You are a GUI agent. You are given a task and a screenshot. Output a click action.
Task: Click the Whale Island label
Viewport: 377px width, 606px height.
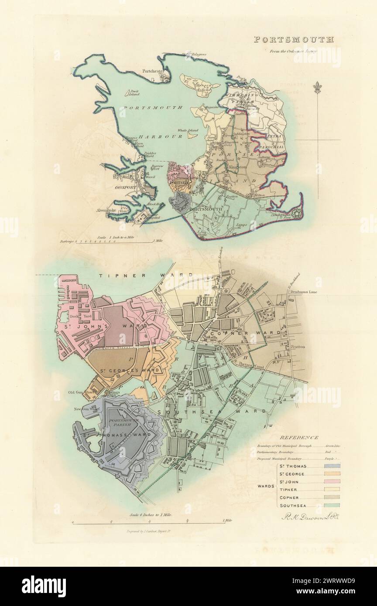(188, 130)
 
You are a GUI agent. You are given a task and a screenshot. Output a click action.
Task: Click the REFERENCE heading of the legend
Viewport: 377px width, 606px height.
(299, 437)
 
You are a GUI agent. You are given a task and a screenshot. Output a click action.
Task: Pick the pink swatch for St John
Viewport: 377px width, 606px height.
(332, 482)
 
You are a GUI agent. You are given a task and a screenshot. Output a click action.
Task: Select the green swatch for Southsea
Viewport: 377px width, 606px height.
(332, 505)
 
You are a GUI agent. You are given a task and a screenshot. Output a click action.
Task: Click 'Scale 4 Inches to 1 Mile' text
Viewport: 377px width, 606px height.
(151, 514)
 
